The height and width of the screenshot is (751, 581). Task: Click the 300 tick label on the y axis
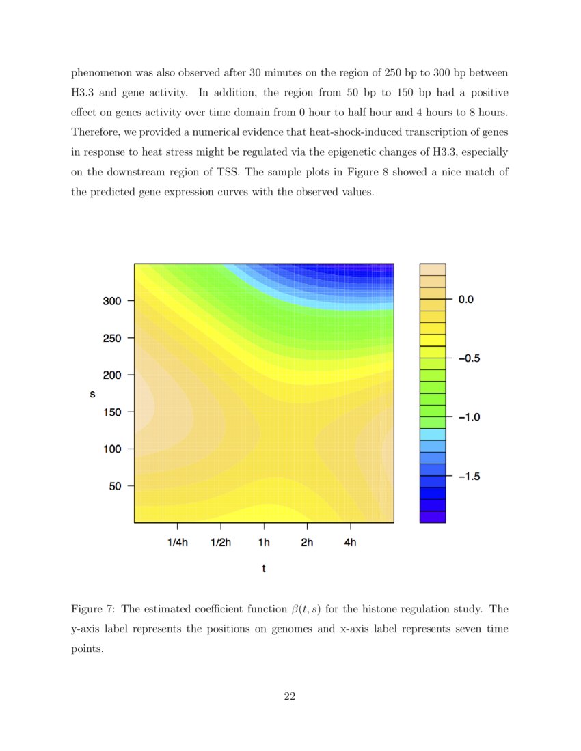click(112, 300)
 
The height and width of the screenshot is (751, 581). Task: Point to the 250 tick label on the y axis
click(112, 338)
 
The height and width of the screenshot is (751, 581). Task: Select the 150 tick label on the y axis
click(112, 412)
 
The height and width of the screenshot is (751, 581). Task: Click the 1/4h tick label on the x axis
click(178, 543)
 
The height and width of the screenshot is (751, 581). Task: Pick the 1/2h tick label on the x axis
click(221, 543)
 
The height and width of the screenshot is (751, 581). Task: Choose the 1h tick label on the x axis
click(264, 543)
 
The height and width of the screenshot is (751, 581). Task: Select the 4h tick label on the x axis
click(350, 543)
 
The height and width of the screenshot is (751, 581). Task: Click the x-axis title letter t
click(264, 568)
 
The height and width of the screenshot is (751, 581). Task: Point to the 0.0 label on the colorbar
click(465, 299)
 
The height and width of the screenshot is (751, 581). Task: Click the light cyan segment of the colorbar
click(432, 434)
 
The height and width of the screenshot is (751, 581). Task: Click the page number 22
click(289, 696)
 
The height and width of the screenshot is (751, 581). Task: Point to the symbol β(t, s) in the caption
click(306, 609)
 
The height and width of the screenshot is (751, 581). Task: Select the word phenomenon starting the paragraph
click(103, 72)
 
